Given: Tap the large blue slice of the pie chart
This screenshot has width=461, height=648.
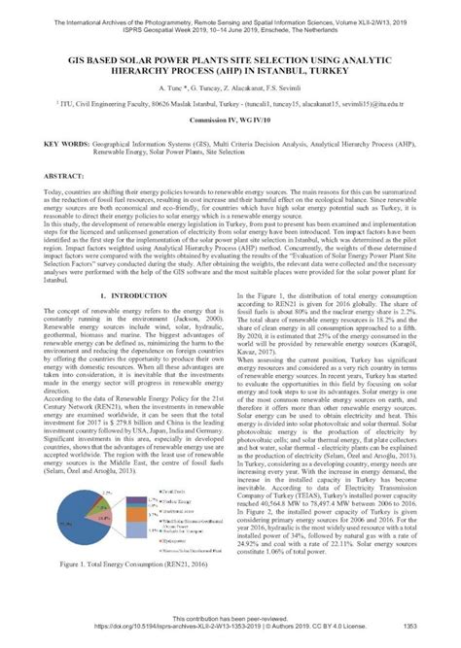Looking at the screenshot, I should pos(94,525).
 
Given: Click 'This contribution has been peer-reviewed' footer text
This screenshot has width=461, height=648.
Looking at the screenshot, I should pos(230,619).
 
